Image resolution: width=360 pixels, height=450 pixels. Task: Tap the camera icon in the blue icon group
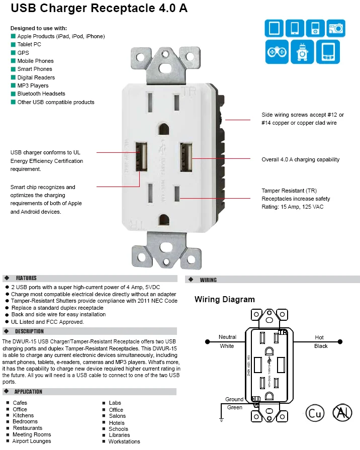[336, 28]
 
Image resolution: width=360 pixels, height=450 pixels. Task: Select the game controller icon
[277, 52]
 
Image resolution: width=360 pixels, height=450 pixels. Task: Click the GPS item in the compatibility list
[23, 53]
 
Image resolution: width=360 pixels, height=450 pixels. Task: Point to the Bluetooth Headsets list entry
[41, 94]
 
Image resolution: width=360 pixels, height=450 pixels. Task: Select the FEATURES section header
[26, 278]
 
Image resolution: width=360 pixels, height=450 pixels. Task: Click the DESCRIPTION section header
[29, 331]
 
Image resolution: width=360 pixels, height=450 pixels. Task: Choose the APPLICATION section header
[28, 392]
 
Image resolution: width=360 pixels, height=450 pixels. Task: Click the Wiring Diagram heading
[224, 300]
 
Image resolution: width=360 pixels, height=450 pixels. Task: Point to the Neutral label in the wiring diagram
[227, 337]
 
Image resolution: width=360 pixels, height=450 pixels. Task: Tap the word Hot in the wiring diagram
[319, 337]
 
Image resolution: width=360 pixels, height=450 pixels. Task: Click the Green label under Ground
[235, 407]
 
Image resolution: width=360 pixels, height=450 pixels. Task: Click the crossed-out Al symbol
[342, 413]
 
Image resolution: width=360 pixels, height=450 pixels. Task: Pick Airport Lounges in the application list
[32, 441]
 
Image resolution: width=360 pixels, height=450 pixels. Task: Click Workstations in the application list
[124, 441]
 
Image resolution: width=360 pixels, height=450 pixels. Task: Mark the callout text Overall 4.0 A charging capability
[300, 159]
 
